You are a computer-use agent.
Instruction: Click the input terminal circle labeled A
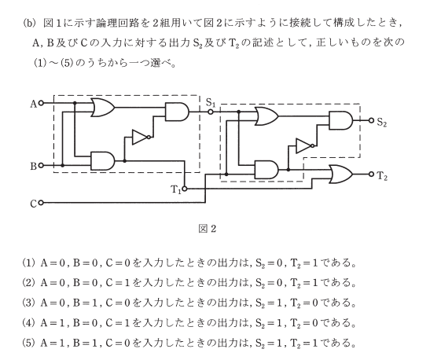(41, 104)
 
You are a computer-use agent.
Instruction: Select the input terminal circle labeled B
(41, 165)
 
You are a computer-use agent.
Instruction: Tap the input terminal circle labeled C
(41, 203)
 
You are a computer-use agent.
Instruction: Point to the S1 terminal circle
(211, 112)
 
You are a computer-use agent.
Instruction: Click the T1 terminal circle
(185, 189)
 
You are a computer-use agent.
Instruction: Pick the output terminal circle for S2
(371, 120)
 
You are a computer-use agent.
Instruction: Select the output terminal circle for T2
(371, 174)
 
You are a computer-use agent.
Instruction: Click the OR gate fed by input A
(103, 108)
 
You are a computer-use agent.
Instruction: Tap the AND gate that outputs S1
(177, 112)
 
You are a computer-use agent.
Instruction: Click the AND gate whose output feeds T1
(103, 161)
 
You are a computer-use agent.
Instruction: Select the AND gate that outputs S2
(341, 120)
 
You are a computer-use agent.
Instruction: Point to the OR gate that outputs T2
(341, 174)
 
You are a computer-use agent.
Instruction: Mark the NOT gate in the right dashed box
(305, 146)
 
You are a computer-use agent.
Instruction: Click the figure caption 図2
(208, 229)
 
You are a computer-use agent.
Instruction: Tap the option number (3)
(29, 303)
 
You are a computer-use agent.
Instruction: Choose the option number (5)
(29, 343)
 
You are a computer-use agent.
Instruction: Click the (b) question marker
(30, 24)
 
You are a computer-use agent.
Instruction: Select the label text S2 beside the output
(382, 122)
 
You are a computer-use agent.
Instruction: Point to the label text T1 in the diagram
(176, 189)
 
